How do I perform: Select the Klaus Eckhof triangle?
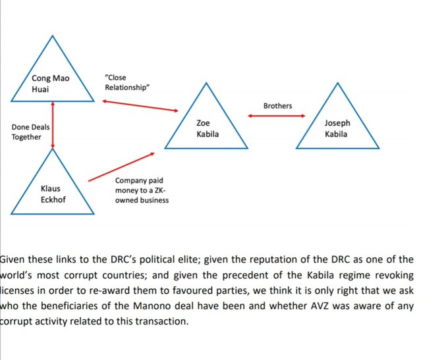coord(53,191)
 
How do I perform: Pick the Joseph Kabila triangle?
coord(337,125)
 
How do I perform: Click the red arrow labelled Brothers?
coord(277,116)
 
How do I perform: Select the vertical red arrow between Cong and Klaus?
coord(53,125)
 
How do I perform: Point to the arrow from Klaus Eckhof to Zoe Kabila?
coord(122,166)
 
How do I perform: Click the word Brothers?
coord(277,105)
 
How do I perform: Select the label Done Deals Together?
coord(30,132)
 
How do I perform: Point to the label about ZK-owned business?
coord(141,190)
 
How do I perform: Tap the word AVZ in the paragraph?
coord(333,306)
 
